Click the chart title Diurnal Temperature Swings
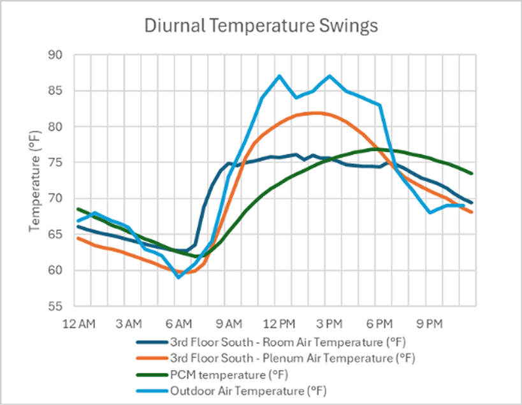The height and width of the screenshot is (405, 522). click(x=261, y=26)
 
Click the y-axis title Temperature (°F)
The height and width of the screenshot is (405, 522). click(x=36, y=179)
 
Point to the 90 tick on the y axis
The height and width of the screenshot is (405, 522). click(x=61, y=55)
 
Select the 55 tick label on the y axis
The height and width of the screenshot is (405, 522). click(x=61, y=306)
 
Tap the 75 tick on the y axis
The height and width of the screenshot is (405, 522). click(x=61, y=163)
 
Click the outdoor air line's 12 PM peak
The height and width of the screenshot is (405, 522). click(x=279, y=76)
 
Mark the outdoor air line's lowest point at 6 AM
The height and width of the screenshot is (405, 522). click(x=178, y=277)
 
